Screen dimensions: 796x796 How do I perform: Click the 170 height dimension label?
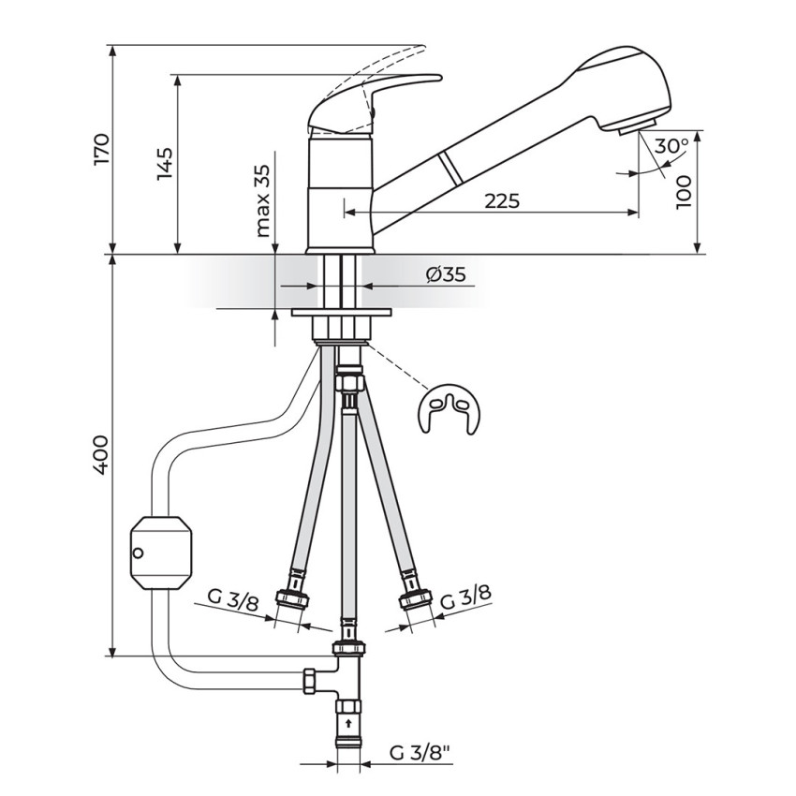coord(102,149)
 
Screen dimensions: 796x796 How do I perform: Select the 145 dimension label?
coord(165,164)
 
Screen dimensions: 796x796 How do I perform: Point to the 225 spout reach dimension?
coord(502,201)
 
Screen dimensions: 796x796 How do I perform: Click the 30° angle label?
coord(671,146)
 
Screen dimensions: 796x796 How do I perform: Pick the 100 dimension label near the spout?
coord(685,192)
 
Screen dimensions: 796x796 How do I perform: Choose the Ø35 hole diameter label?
coord(445,274)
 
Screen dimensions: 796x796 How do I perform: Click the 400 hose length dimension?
coord(101,454)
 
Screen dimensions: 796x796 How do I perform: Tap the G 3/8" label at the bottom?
coord(420,752)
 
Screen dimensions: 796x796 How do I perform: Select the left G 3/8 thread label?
coord(233,601)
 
